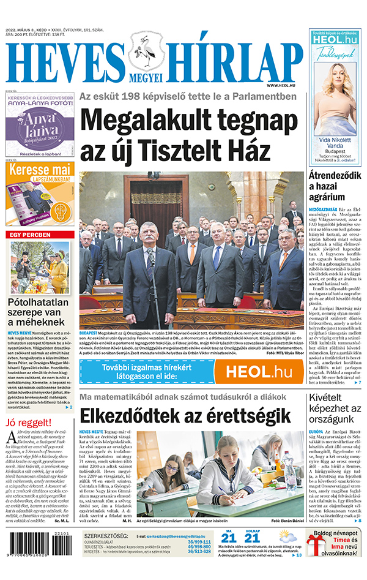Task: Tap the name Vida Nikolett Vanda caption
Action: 335,144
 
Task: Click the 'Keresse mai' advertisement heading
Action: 39,169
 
